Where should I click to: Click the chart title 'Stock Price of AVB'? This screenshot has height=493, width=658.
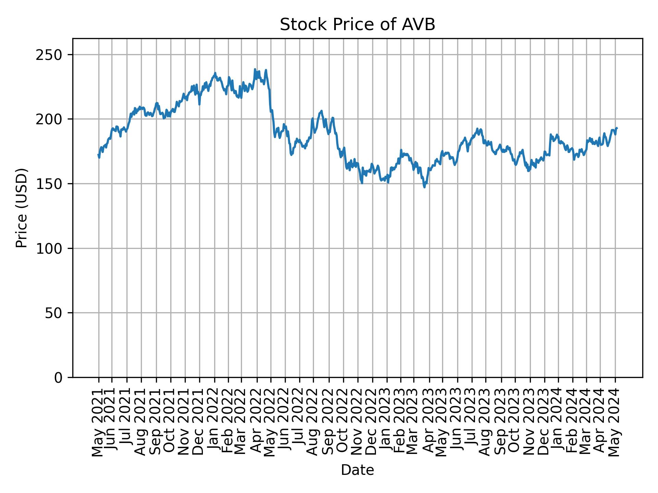(x=357, y=25)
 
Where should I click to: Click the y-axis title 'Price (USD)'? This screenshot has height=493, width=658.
(x=22, y=208)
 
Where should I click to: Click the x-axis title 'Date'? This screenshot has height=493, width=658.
(x=357, y=470)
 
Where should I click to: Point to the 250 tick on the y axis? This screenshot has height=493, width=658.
(x=51, y=55)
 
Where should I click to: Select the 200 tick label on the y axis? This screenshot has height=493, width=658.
(x=51, y=119)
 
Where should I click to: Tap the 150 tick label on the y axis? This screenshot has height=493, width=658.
(x=51, y=184)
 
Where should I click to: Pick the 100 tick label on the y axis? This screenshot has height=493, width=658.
(x=51, y=248)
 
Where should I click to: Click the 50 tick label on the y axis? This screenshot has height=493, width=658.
(x=55, y=313)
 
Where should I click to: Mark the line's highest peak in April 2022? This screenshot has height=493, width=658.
(x=255, y=69)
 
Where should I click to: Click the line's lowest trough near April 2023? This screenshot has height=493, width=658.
(x=425, y=187)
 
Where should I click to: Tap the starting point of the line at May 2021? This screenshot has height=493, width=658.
(x=98, y=155)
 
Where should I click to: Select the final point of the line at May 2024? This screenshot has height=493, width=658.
(x=617, y=128)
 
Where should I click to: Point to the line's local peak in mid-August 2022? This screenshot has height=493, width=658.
(x=321, y=111)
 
